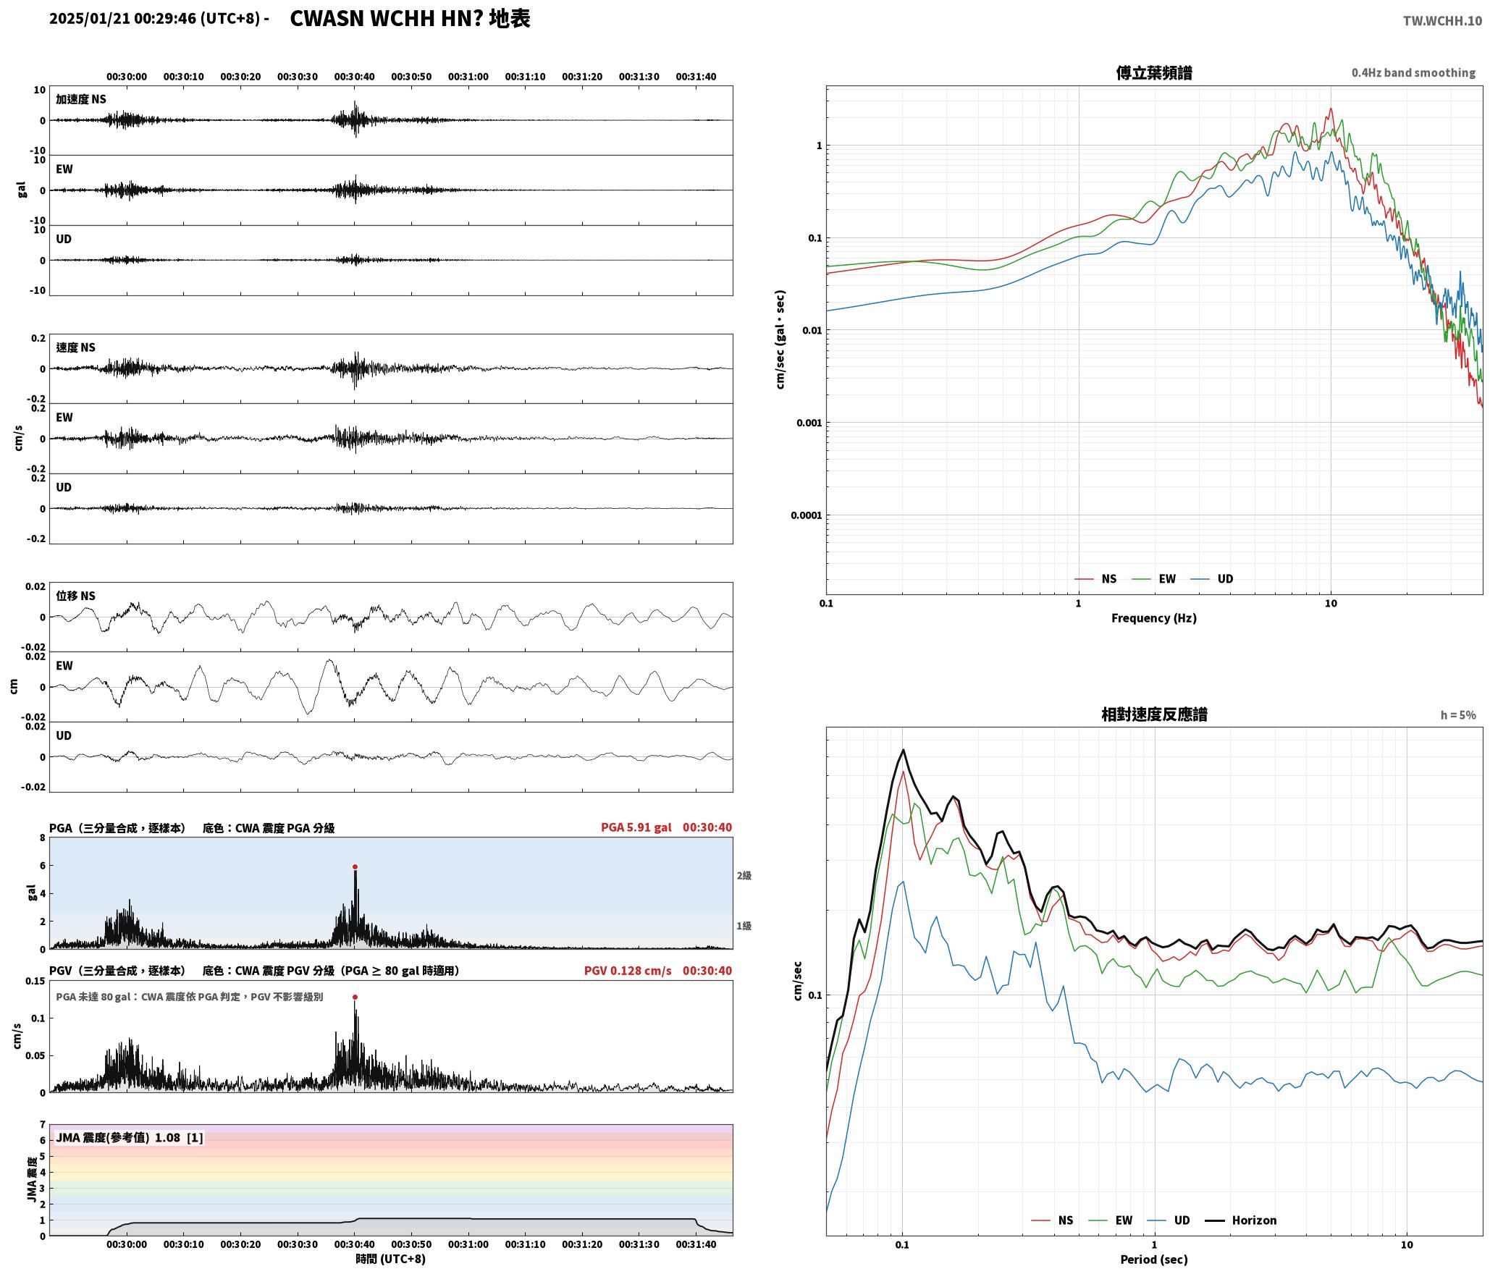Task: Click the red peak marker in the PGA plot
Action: (355, 866)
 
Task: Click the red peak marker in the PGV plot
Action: (355, 997)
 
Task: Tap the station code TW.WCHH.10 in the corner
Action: (1442, 21)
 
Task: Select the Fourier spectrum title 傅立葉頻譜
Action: (1154, 73)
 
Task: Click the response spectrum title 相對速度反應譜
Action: (1154, 714)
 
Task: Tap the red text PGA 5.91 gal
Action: (636, 827)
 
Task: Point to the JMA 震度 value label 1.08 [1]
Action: (179, 1138)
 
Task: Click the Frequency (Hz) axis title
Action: (1154, 618)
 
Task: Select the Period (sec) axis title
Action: (1154, 1260)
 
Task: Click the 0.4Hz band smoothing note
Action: (1413, 73)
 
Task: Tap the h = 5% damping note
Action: (1458, 715)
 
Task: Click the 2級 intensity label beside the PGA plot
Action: (744, 876)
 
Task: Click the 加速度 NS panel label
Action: (81, 99)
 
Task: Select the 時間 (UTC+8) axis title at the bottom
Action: (391, 1259)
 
